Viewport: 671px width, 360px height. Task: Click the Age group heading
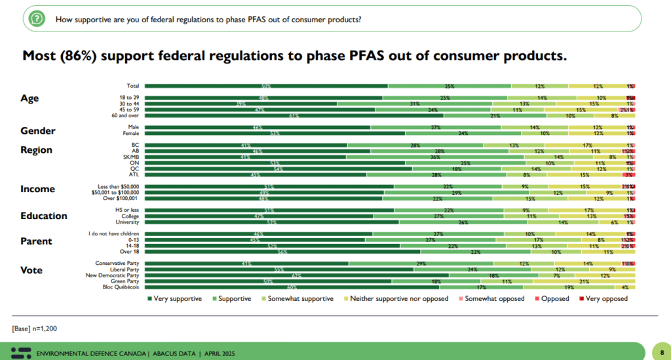point(30,98)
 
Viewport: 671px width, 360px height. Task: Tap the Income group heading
point(37,190)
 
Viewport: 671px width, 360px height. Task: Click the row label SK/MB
point(131,157)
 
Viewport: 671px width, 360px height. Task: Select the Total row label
point(132,86)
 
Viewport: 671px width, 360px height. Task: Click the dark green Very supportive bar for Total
point(266,86)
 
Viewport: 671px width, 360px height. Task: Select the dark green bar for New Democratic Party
point(296,275)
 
